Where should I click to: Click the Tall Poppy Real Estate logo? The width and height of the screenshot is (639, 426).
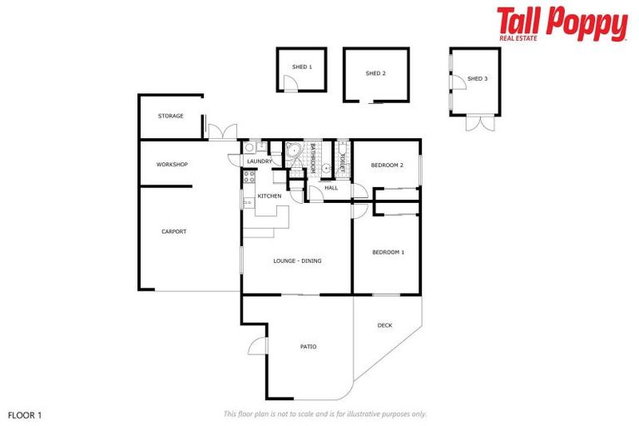(562, 24)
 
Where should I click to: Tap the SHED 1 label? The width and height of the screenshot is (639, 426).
(301, 67)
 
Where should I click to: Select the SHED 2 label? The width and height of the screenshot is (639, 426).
(375, 73)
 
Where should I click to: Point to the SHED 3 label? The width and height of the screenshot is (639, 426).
(477, 79)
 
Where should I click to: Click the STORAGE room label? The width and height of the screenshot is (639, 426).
(171, 116)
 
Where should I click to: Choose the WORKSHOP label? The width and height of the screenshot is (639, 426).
(172, 164)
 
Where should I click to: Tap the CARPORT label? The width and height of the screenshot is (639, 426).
(174, 231)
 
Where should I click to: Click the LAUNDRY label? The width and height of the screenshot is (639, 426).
(260, 161)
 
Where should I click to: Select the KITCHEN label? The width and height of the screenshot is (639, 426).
(269, 196)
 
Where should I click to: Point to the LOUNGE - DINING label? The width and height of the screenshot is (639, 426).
(297, 260)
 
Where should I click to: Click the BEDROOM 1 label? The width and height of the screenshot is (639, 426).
(388, 252)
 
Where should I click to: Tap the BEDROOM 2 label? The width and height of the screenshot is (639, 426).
(387, 165)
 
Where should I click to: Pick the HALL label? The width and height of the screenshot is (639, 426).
(331, 188)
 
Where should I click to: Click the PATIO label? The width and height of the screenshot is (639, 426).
(308, 346)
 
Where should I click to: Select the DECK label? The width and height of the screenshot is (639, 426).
(384, 325)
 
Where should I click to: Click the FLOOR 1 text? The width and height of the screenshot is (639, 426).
(24, 414)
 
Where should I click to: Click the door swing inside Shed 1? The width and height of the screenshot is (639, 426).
(289, 84)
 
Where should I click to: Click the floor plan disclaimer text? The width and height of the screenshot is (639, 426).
(324, 414)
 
